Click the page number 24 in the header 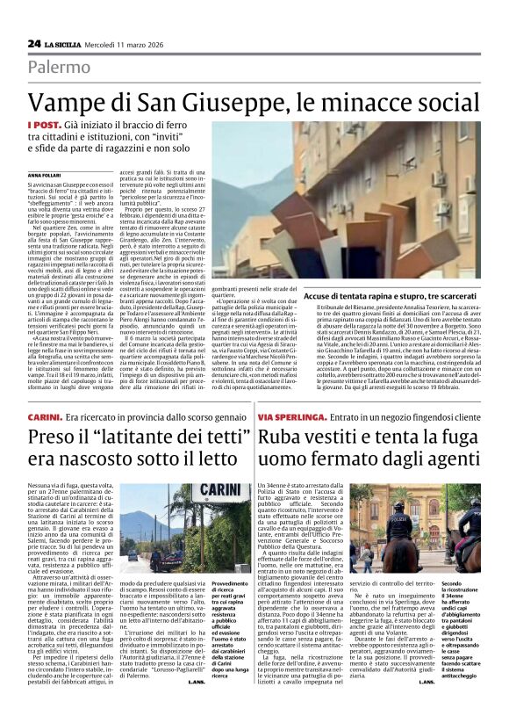[34, 43]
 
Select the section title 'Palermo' [59, 68]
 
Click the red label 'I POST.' [44, 126]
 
